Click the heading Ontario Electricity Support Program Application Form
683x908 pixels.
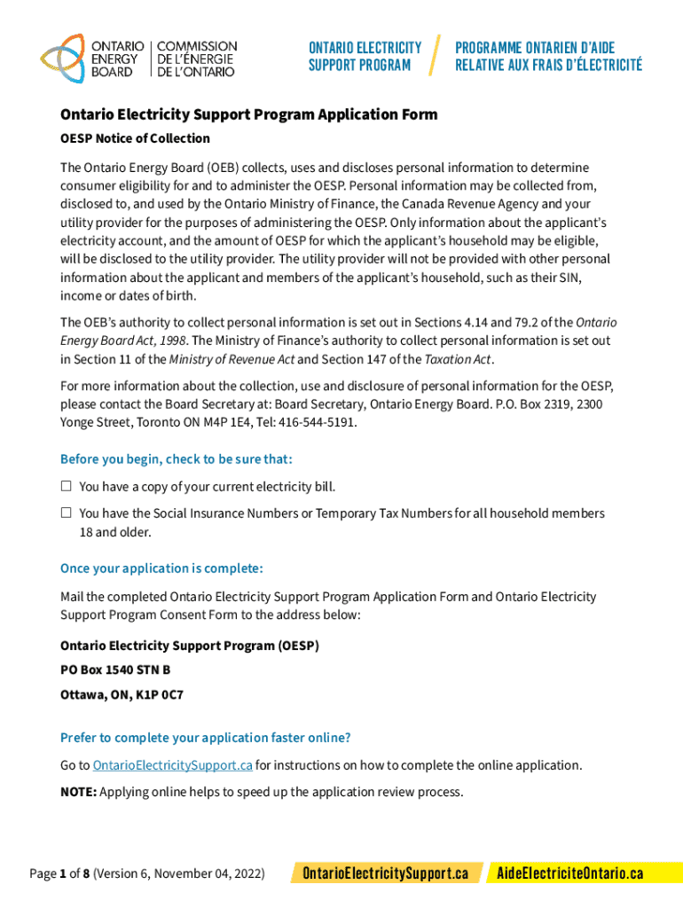(x=248, y=115)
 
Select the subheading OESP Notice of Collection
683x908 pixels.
(x=135, y=138)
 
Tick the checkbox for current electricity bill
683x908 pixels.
(x=66, y=487)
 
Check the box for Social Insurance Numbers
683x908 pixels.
(x=66, y=513)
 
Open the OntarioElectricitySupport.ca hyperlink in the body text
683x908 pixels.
(x=173, y=765)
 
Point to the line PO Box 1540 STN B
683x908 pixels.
(x=115, y=670)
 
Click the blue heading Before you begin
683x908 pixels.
(x=176, y=459)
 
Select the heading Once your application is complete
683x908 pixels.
(x=161, y=568)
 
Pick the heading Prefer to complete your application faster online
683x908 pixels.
(x=205, y=738)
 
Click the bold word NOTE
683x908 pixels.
(x=78, y=792)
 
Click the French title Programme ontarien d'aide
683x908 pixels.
(x=535, y=48)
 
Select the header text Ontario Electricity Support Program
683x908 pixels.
(x=365, y=57)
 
